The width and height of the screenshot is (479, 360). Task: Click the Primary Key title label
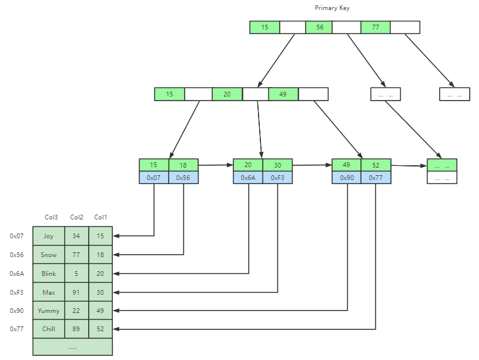tap(332, 8)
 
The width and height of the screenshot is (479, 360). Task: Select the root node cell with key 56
tap(319, 27)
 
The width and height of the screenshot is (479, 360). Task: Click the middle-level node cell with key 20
tap(227, 94)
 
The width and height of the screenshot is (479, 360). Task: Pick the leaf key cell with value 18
tap(183, 165)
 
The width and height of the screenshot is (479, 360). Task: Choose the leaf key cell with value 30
tap(277, 165)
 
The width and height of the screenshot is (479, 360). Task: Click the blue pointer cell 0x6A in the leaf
tap(248, 177)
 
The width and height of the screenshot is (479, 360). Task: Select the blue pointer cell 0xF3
tap(277, 177)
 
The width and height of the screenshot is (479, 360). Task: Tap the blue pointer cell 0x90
tap(347, 177)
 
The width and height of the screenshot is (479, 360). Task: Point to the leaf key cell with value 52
tap(376, 165)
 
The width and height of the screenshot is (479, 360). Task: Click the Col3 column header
tap(52, 217)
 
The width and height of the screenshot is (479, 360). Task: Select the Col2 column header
tap(76, 217)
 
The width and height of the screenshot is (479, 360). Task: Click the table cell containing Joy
tap(49, 236)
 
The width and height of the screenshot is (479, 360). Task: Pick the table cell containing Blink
tap(49, 274)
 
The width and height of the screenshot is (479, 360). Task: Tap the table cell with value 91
tap(76, 292)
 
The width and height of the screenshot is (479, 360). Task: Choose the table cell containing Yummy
tap(49, 311)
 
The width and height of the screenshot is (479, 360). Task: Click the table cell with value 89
tap(76, 329)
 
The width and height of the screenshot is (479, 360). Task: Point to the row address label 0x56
tap(16, 255)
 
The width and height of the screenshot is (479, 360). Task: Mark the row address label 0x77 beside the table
tap(16, 329)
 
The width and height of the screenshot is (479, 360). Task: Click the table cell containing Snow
tap(49, 255)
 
